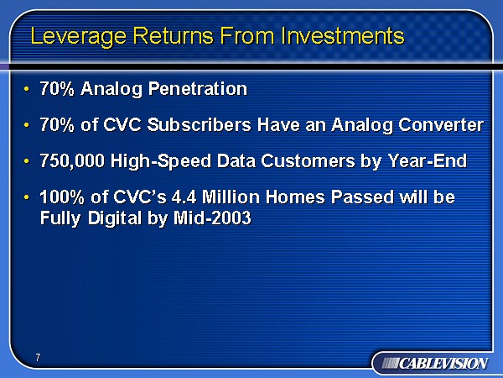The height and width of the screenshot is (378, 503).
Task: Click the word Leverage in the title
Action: (79, 37)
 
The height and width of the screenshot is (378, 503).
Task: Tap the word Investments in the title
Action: (343, 35)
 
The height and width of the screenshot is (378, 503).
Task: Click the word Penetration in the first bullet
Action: (198, 88)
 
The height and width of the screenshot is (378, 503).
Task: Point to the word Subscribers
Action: (199, 124)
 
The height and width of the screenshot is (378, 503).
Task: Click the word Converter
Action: (441, 124)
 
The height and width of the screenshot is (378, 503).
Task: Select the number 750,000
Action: (72, 160)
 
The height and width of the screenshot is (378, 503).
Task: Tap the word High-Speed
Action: (161, 161)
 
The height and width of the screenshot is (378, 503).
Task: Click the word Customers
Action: (308, 160)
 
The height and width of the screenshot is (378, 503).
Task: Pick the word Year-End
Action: (428, 160)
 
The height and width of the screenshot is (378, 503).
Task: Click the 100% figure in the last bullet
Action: (62, 197)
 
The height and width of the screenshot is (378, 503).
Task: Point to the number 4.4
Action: (184, 197)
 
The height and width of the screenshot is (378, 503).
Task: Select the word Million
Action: (231, 197)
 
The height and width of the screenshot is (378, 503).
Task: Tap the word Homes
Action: (295, 197)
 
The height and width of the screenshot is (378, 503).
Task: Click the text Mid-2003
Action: (212, 218)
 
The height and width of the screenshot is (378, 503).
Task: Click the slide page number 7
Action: (39, 357)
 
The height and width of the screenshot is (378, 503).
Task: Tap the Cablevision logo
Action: (434, 364)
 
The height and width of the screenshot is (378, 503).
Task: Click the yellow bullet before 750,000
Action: (26, 160)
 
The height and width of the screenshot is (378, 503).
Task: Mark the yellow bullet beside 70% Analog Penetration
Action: (26, 89)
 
